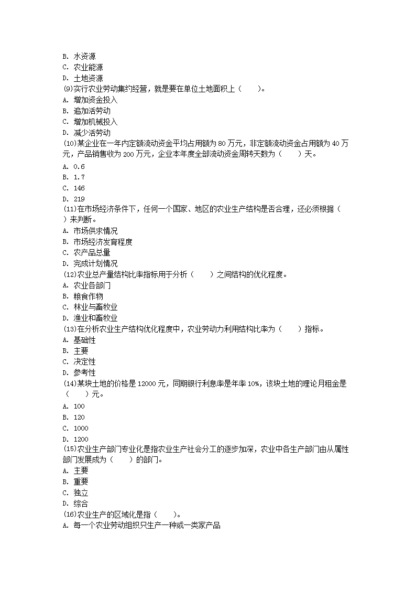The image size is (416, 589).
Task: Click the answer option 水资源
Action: pyautogui.click(x=84, y=56)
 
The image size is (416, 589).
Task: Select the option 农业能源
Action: pyautogui.click(x=88, y=67)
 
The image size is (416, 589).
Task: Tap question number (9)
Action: pyautogui.click(x=67, y=89)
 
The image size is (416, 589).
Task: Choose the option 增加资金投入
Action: pyautogui.click(x=95, y=100)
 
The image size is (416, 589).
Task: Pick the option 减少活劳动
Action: pyautogui.click(x=92, y=133)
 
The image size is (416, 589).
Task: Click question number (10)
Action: pyautogui.click(x=69, y=143)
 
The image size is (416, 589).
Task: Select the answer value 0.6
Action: pyautogui.click(x=79, y=166)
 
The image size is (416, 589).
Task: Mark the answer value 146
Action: pyautogui.click(x=79, y=188)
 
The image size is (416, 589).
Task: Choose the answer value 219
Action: pyautogui.click(x=79, y=199)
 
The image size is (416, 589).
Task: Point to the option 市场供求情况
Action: pyautogui.click(x=95, y=231)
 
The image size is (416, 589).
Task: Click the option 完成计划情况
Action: pyautogui.click(x=95, y=263)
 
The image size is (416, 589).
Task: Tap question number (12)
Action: pyautogui.click(x=69, y=274)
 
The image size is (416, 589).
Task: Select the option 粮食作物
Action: pyautogui.click(x=88, y=296)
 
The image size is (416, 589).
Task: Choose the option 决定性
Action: pyautogui.click(x=84, y=361)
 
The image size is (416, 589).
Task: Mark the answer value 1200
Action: pyautogui.click(x=81, y=439)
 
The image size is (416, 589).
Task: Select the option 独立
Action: pyautogui.click(x=81, y=492)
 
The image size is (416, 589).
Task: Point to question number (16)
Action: pyautogui.click(x=69, y=515)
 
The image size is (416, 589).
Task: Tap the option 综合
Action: pyautogui.click(x=81, y=504)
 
